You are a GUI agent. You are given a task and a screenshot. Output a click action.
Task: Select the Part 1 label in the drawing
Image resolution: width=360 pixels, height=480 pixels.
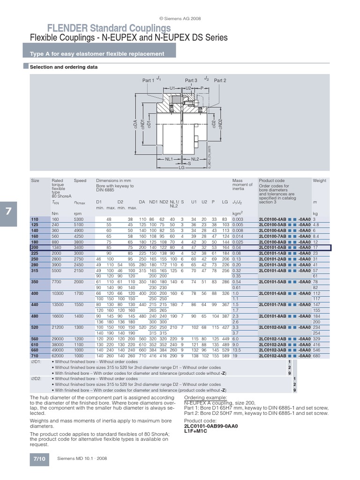click(148, 81)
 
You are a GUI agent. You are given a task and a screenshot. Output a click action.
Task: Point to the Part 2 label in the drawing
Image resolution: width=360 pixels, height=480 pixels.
click(220, 81)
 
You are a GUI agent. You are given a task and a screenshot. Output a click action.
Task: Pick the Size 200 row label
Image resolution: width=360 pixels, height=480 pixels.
click(34, 247)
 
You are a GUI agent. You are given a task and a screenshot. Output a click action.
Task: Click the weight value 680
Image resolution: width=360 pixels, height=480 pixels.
click(316, 356)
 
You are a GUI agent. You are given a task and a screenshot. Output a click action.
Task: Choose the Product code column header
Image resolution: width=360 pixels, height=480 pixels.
click(271, 180)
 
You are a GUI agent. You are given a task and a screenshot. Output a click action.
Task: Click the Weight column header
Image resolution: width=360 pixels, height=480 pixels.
click(319, 180)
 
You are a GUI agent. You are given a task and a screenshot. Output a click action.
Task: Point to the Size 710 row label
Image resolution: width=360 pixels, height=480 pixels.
click(34, 356)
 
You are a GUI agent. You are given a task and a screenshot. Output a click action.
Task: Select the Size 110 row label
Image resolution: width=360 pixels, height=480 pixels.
click(34, 219)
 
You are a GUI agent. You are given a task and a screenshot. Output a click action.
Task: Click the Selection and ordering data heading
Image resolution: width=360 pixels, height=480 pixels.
click(64, 67)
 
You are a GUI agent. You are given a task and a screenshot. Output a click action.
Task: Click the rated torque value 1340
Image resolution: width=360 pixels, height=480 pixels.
click(57, 247)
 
